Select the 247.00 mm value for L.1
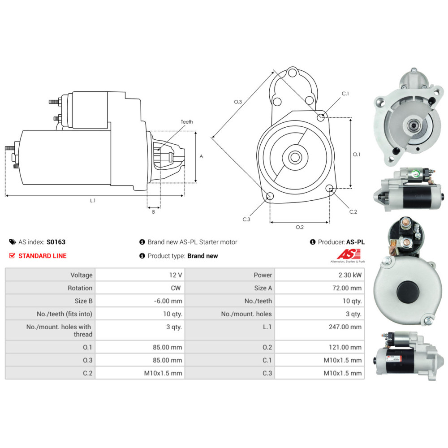click(x=345, y=327)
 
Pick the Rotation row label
click(x=80, y=288)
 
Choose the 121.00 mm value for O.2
click(x=345, y=347)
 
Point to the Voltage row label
click(x=82, y=275)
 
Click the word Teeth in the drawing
click(x=187, y=122)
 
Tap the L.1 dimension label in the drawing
click(x=93, y=201)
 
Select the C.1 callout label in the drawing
click(x=345, y=94)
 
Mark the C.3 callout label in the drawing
click(x=246, y=220)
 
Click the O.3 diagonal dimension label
click(x=238, y=102)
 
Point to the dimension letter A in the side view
click(x=201, y=157)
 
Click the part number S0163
click(x=56, y=242)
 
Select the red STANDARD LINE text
click(x=42, y=256)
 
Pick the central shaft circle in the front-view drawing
click(x=295, y=157)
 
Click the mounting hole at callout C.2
click(x=329, y=188)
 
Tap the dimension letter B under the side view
click(x=153, y=212)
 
